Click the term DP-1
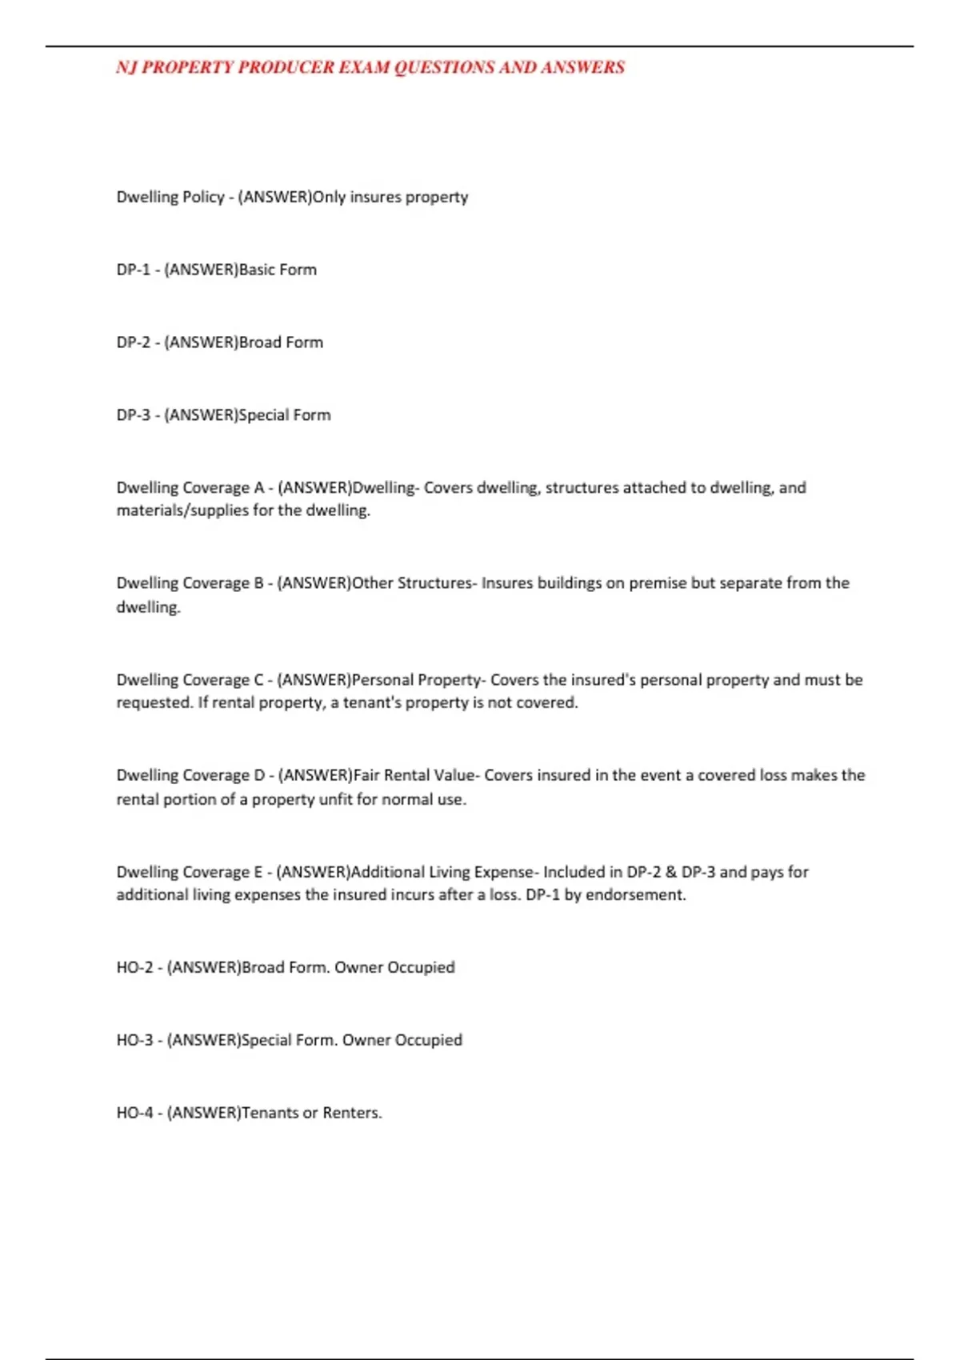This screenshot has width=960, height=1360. point(133,270)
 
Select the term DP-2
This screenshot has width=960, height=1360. point(133,342)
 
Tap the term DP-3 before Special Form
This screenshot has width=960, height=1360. point(133,415)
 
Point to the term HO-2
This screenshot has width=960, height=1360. point(134,967)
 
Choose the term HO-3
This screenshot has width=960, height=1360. point(134,1040)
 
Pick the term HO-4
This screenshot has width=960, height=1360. point(134,1113)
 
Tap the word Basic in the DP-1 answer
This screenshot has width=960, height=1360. point(257,270)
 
